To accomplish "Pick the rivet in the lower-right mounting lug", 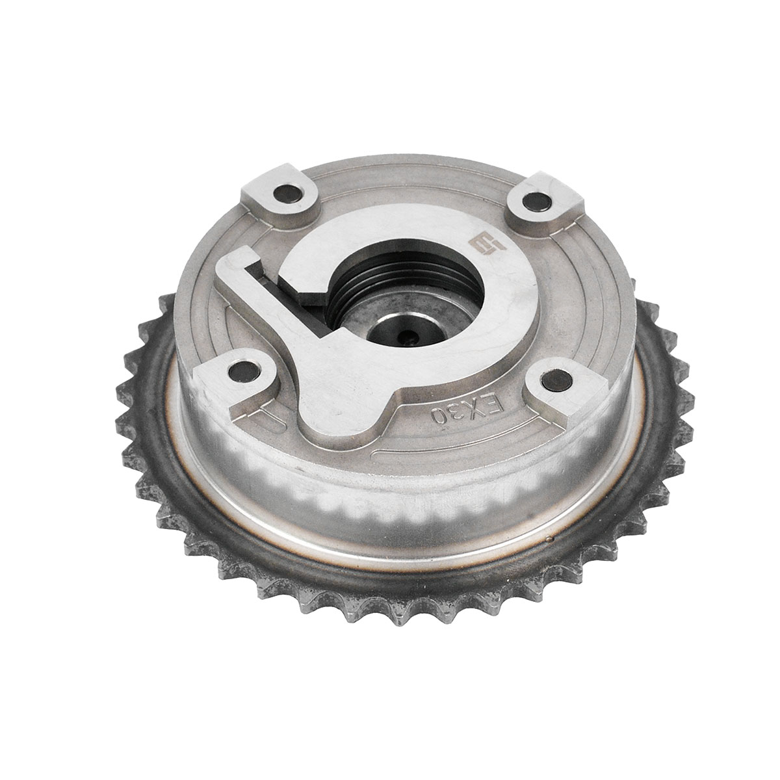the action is pyautogui.click(x=557, y=379).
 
